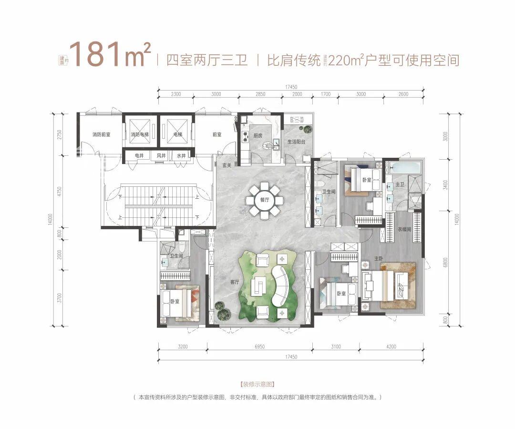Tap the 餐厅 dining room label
click(265, 200)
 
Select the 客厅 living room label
click(234, 282)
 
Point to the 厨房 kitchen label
click(257, 135)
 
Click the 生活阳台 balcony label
click(296, 142)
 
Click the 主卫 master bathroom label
click(400, 184)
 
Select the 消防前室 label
click(101, 135)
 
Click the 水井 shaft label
click(181, 155)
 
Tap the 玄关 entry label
click(227, 165)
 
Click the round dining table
click(265, 200)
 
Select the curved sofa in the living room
click(280, 286)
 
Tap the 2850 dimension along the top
click(260, 94)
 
